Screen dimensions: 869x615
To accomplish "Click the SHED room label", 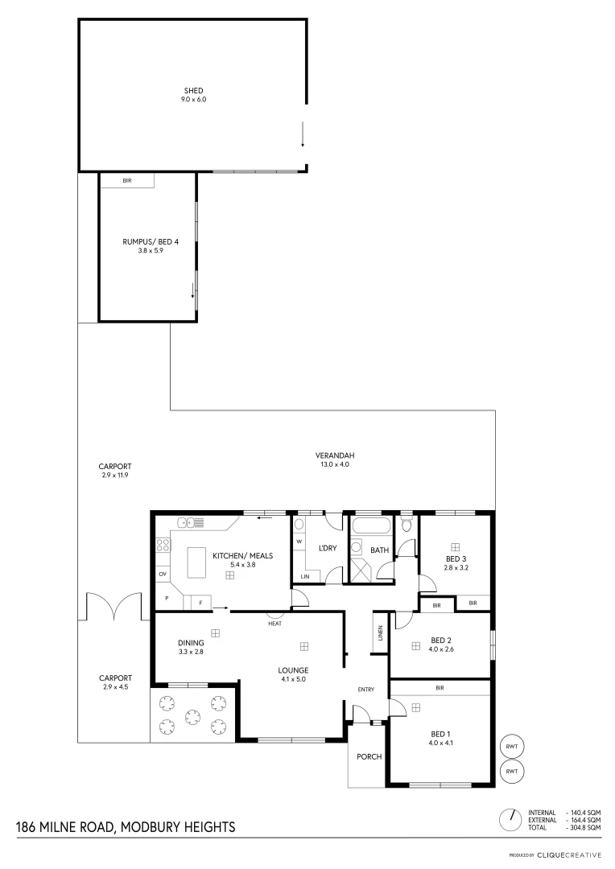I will click(192, 90).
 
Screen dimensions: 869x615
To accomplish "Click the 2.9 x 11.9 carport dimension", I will click(115, 476).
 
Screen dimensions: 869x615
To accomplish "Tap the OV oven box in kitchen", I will click(162, 574).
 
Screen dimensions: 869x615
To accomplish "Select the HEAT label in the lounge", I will click(274, 623).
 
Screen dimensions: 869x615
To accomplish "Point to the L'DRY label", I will click(328, 548).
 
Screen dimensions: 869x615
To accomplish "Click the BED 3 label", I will click(455, 558).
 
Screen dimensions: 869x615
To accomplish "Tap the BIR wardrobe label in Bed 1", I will click(440, 688).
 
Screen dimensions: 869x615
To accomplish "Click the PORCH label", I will click(369, 756).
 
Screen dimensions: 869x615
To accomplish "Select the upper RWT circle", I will click(512, 746).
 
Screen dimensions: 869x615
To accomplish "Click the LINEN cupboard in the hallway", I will click(380, 634).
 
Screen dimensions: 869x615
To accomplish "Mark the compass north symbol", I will click(510, 820).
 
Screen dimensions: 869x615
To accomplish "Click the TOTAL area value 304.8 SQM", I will click(583, 827).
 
